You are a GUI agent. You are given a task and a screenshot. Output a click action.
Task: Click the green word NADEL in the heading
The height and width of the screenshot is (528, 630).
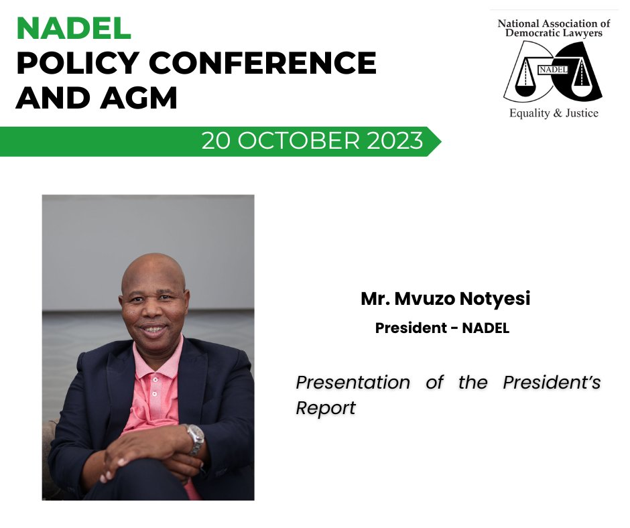coord(74,28)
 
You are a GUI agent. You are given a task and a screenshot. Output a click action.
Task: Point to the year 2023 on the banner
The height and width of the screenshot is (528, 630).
coord(395,141)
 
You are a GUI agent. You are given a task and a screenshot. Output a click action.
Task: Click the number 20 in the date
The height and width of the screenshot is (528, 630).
coord(217,141)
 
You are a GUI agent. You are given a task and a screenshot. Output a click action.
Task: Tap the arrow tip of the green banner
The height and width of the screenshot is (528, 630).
coord(438,141)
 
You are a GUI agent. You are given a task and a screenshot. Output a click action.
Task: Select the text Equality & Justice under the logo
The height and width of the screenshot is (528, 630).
coord(554,113)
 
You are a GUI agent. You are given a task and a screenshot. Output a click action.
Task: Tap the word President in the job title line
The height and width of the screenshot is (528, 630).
coord(410,329)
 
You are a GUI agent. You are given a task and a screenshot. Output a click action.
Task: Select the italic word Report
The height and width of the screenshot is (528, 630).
coord(326,408)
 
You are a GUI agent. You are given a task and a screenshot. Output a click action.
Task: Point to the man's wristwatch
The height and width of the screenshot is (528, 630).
coord(194,438)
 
